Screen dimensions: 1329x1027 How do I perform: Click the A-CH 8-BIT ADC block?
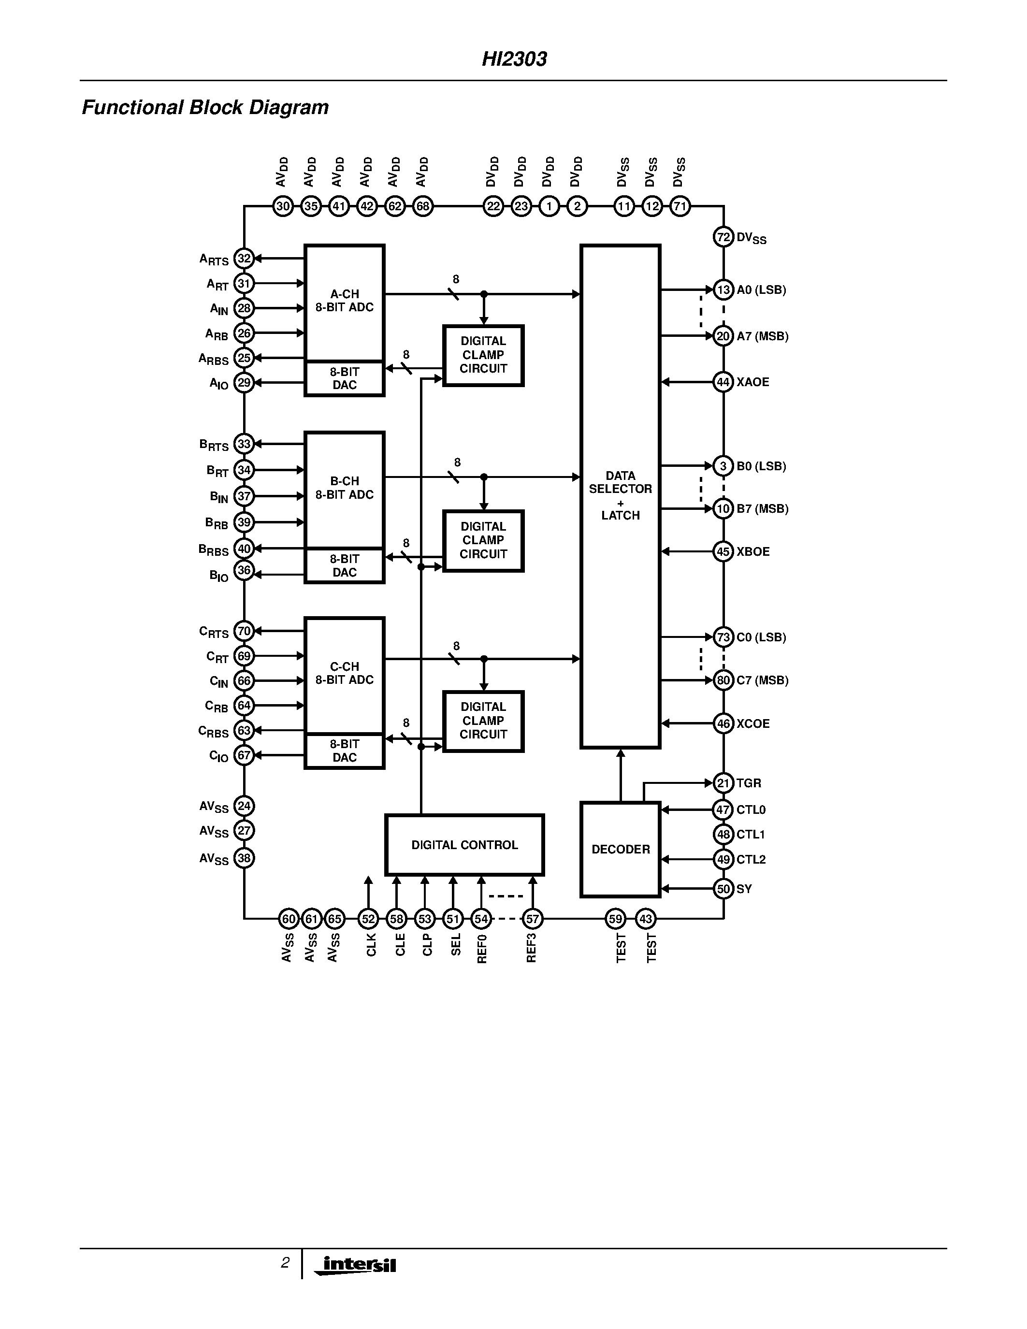click(345, 301)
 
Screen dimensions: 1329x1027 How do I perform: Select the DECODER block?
click(621, 849)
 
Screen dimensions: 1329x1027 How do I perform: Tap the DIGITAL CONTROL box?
click(464, 845)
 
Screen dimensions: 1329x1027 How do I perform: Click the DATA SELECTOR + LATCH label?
click(620, 495)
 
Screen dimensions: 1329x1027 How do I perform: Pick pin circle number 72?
click(723, 237)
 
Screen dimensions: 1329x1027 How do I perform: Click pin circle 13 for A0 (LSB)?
click(723, 289)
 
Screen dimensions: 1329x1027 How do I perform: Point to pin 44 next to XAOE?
click(723, 382)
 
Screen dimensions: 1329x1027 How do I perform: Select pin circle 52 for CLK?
click(368, 919)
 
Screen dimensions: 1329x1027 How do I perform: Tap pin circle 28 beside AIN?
click(244, 308)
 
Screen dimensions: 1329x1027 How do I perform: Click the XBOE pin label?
click(753, 552)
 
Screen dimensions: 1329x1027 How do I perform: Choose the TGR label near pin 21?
click(749, 783)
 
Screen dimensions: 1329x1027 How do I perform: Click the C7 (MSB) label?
click(762, 680)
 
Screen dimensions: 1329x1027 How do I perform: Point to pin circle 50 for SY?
click(723, 889)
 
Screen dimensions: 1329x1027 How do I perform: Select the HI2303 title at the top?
click(514, 59)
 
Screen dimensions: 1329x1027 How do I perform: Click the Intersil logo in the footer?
click(358, 1265)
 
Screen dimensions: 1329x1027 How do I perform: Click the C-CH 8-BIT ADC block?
click(345, 674)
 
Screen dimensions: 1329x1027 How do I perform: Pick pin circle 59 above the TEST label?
click(616, 919)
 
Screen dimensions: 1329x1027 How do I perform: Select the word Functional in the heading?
click(132, 108)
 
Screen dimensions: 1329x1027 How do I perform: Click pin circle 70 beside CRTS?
click(244, 631)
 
